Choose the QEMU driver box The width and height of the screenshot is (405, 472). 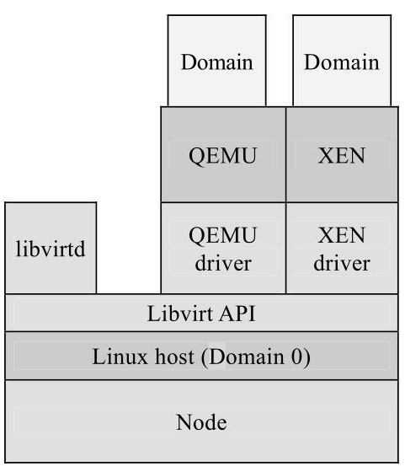[222, 248]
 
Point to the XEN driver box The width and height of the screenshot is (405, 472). [342, 248]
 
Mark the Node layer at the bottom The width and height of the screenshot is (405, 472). [201, 421]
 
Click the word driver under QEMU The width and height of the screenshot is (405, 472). [223, 263]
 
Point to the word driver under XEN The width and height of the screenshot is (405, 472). [342, 263]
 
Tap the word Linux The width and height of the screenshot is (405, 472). [115, 357]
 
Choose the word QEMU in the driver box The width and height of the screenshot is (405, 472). [222, 233]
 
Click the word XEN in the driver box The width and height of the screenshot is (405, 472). [342, 233]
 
